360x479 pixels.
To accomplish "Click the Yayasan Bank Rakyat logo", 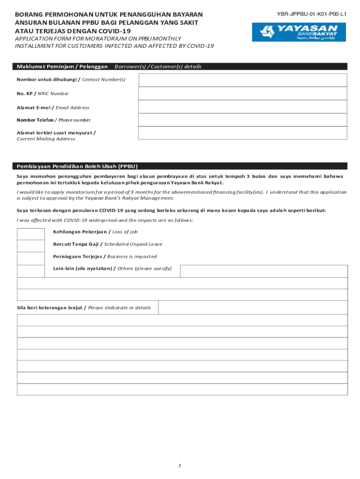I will (x=299, y=32).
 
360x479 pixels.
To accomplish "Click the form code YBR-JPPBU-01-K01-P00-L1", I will (x=311, y=14).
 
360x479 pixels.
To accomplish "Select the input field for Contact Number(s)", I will (x=243, y=80).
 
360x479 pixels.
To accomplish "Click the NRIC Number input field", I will (x=243, y=94).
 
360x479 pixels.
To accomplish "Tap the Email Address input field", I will (x=243, y=107).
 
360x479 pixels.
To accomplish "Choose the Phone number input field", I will (x=243, y=120).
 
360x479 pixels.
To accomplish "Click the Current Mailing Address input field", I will (x=243, y=133).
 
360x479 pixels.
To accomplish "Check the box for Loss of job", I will (x=31, y=232).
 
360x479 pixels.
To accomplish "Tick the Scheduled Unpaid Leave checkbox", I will (x=31, y=246).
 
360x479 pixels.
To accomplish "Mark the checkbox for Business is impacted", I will (x=31, y=258).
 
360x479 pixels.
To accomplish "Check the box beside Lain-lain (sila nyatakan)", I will (x=31, y=271).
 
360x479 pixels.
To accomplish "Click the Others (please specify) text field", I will (x=264, y=271).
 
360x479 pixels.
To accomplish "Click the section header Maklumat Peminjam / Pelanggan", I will (x=62, y=67).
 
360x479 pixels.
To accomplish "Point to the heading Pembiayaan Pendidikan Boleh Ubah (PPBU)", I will (x=77, y=166).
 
